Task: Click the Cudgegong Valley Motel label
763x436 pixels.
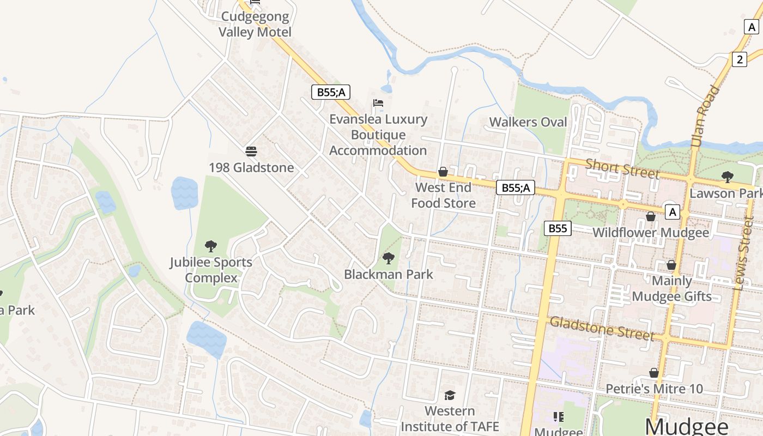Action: pyautogui.click(x=255, y=24)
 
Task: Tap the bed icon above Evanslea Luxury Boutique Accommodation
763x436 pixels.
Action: pyautogui.click(x=378, y=103)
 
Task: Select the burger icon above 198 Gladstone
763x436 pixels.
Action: pyautogui.click(x=251, y=151)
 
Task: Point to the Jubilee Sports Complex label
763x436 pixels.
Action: pyautogui.click(x=211, y=270)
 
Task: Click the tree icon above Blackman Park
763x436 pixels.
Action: pyautogui.click(x=388, y=258)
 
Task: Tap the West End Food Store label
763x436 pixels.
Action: pyautogui.click(x=443, y=195)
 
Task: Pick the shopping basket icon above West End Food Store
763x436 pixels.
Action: pyautogui.click(x=443, y=172)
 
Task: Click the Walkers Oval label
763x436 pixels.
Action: pyautogui.click(x=528, y=122)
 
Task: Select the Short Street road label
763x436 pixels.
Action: pyautogui.click(x=622, y=168)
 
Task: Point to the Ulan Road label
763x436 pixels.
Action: pyautogui.click(x=705, y=117)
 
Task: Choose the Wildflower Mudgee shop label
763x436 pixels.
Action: pyautogui.click(x=651, y=233)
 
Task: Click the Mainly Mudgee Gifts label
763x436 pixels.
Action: pyautogui.click(x=671, y=289)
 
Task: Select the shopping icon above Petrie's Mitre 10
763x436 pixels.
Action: pyautogui.click(x=654, y=373)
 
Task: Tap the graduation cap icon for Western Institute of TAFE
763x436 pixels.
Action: pyautogui.click(x=450, y=395)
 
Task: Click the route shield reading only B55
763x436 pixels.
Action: pyautogui.click(x=558, y=228)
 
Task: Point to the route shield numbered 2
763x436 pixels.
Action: pyautogui.click(x=739, y=59)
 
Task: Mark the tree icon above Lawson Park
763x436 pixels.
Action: pyautogui.click(x=727, y=177)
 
